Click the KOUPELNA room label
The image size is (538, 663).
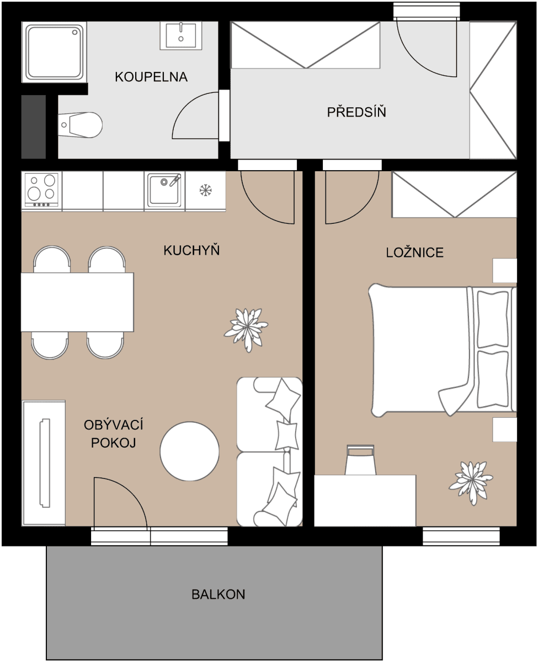click(x=151, y=77)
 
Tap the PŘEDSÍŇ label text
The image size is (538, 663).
click(x=356, y=112)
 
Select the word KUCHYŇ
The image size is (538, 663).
click(x=191, y=251)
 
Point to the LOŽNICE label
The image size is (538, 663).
click(x=414, y=252)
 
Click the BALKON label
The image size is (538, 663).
click(x=219, y=594)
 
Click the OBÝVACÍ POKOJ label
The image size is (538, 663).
click(x=114, y=434)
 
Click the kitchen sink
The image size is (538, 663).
click(x=164, y=189)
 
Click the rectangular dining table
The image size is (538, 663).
click(x=77, y=302)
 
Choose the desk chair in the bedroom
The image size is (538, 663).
click(x=360, y=460)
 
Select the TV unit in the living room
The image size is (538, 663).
click(x=44, y=463)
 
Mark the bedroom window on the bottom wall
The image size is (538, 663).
click(x=461, y=536)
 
